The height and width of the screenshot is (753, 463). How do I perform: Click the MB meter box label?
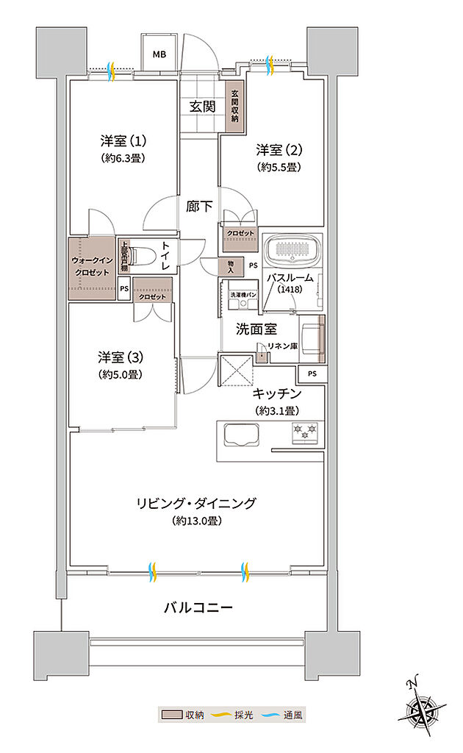pos(159,54)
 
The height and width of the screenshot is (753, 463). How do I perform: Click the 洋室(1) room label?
pos(122,140)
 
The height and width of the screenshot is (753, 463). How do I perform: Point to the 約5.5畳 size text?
pos(280,167)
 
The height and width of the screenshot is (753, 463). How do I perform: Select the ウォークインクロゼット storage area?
pos(91,266)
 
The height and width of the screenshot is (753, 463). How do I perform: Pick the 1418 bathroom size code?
pos(290,290)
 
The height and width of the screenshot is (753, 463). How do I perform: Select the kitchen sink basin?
pos(241,436)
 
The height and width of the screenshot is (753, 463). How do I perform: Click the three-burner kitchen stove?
pos(304,432)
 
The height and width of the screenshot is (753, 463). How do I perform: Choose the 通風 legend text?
pos(292,714)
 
